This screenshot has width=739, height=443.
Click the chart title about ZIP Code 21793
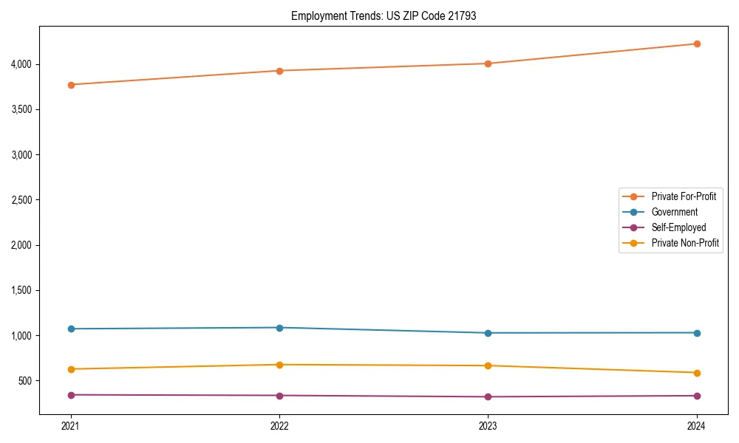(x=384, y=16)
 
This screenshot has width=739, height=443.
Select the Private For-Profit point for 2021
(x=71, y=85)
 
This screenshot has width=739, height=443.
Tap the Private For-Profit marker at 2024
(x=696, y=44)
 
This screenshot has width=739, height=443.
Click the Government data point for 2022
(x=279, y=328)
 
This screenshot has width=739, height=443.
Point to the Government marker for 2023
(x=488, y=333)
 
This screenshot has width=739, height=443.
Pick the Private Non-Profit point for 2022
(x=279, y=365)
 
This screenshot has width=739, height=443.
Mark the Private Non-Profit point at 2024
(x=696, y=373)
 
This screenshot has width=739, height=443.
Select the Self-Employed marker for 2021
(x=71, y=395)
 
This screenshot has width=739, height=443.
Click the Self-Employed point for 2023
(x=488, y=397)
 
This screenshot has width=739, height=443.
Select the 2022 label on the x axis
(x=279, y=425)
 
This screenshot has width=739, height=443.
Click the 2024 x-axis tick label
(x=696, y=425)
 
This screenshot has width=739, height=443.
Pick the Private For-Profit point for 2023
(x=488, y=63)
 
